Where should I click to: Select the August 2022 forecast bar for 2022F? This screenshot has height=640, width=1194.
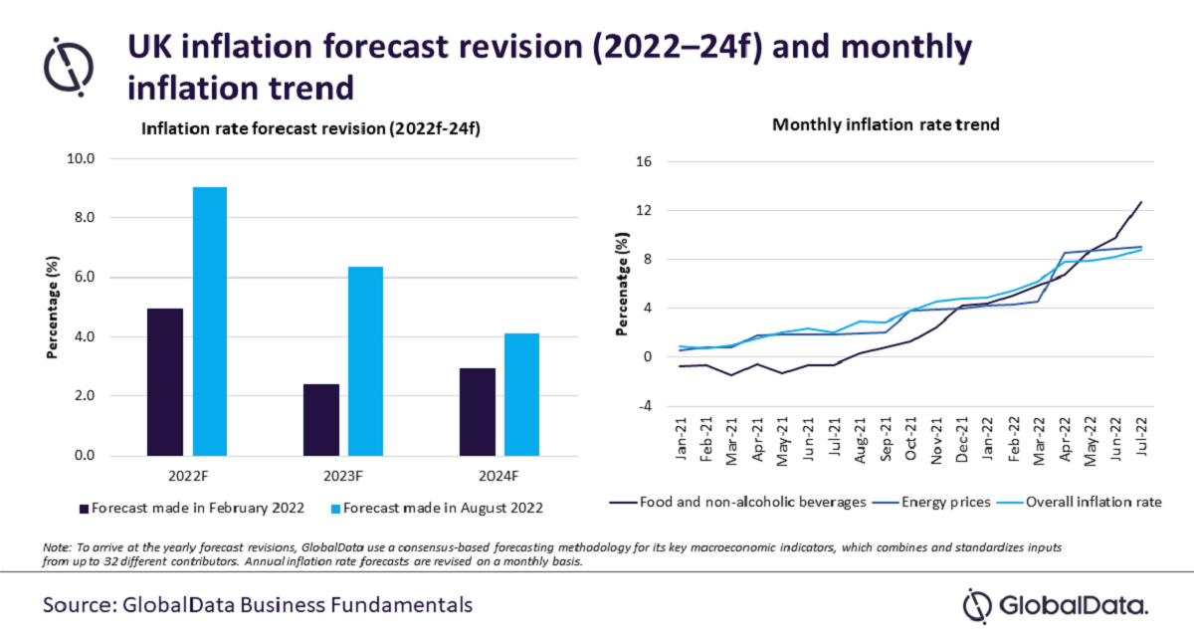pyautogui.click(x=210, y=321)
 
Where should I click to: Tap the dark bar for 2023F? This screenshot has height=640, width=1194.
pyautogui.click(x=320, y=420)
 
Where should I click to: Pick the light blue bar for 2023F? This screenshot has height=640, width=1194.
pyautogui.click(x=365, y=361)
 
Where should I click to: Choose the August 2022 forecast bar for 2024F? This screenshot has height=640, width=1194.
pyautogui.click(x=521, y=394)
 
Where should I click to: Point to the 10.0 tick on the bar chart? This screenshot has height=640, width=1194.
pyautogui.click(x=79, y=158)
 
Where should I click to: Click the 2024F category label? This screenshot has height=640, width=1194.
pyautogui.click(x=498, y=474)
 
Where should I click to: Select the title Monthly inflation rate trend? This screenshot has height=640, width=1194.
pyautogui.click(x=887, y=125)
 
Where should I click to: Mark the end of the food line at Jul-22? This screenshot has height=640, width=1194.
pyautogui.click(x=1141, y=202)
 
